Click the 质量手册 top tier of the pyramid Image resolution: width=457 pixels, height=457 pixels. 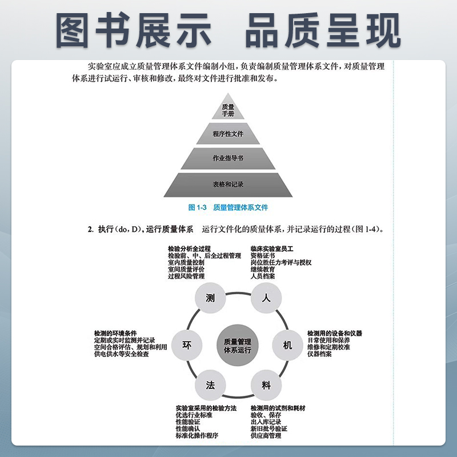pyautogui.click(x=228, y=110)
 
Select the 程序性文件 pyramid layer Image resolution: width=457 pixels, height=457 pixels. pyautogui.click(x=228, y=135)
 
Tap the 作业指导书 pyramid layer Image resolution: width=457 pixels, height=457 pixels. pyautogui.click(x=228, y=158)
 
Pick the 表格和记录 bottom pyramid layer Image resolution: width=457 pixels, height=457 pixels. pyautogui.click(x=228, y=185)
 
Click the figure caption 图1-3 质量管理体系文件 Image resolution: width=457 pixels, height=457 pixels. pyautogui.click(x=228, y=207)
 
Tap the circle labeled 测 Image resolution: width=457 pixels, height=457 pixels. pyautogui.click(x=210, y=298)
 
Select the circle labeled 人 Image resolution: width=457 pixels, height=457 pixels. pyautogui.click(x=265, y=298)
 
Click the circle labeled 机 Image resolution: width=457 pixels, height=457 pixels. pyautogui.click(x=287, y=345)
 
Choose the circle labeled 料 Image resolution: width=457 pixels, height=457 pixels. pyautogui.click(x=266, y=385)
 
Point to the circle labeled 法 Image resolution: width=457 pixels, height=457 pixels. pyautogui.click(x=210, y=385)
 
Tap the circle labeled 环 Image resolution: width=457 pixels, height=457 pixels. pyautogui.click(x=186, y=345)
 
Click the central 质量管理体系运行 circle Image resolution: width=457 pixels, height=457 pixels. pyautogui.click(x=238, y=345)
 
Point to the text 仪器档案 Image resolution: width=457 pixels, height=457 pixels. pyautogui.click(x=320, y=354)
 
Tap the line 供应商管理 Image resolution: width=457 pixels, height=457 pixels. pyautogui.click(x=266, y=436)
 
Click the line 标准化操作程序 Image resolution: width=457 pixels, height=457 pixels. pyautogui.click(x=197, y=436)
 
